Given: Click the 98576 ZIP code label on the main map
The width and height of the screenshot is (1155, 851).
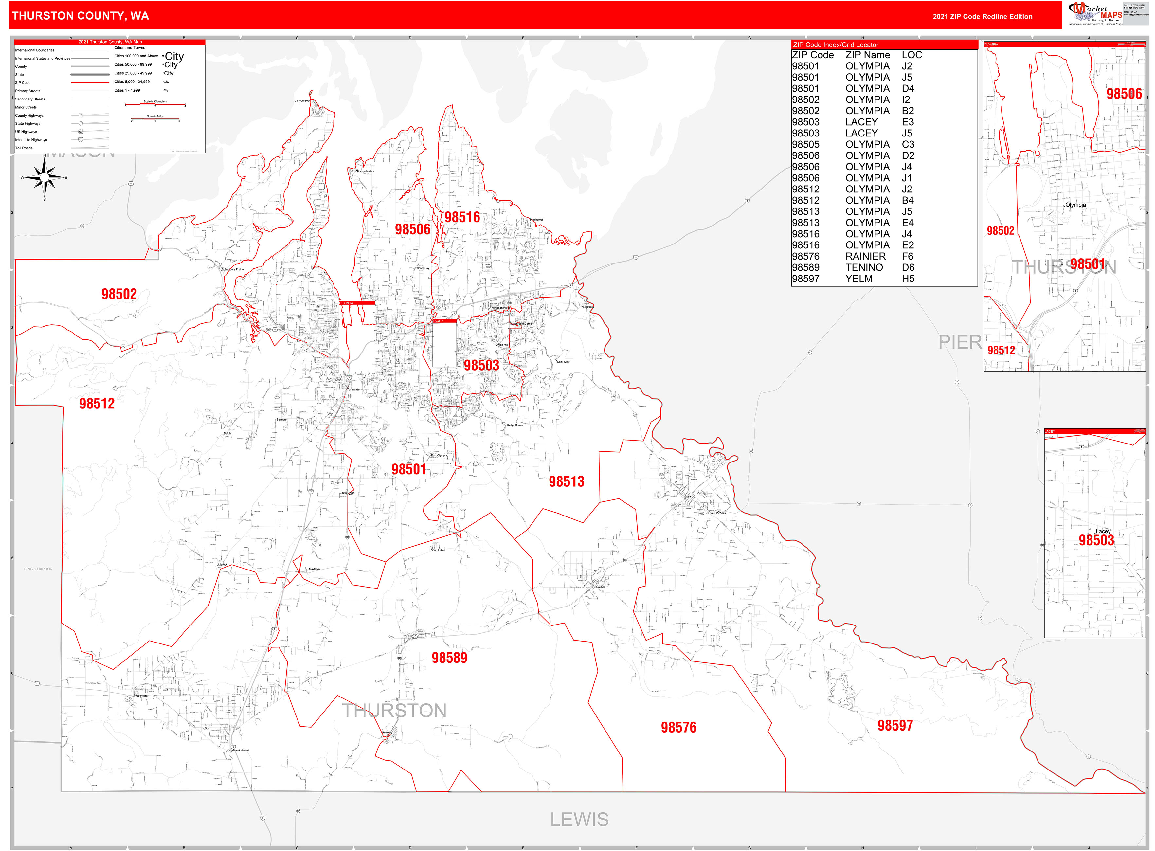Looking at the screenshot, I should click(678, 727).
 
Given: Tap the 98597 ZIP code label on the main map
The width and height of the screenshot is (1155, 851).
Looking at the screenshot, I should click(895, 725).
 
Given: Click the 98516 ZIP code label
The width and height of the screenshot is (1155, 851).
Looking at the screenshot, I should click(462, 217).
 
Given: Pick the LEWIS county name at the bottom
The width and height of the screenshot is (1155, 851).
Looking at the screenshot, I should click(579, 819).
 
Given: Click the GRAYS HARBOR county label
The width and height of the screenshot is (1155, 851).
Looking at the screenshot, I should click(38, 569).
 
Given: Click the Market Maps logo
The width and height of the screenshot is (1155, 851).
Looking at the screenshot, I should click(1095, 13).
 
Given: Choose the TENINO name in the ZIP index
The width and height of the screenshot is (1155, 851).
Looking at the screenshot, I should click(864, 268).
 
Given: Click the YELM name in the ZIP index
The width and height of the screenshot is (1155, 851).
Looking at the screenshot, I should click(859, 279).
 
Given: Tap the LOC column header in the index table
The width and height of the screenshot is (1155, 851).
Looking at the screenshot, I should click(911, 55).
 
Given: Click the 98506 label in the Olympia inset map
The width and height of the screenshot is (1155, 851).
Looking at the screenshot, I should click(1124, 94).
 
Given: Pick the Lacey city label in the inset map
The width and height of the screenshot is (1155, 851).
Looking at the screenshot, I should click(1102, 531).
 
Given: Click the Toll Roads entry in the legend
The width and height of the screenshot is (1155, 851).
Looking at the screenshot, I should click(24, 148).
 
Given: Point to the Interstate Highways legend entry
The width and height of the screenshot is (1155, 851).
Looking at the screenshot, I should click(31, 140).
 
